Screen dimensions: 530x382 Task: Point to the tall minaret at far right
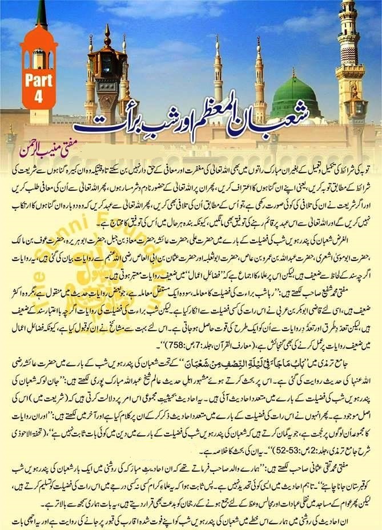coord(350,63)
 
